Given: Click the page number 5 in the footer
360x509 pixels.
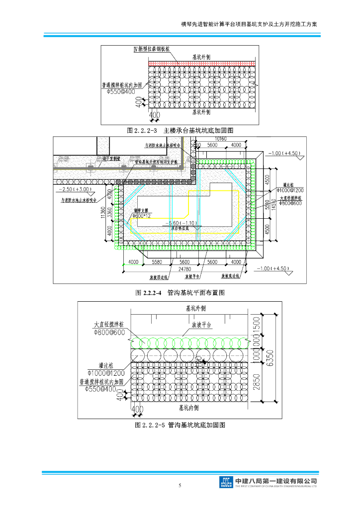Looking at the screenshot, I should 180,485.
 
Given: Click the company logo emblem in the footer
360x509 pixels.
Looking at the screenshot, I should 227,482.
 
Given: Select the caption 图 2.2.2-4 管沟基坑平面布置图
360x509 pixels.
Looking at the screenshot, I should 180,293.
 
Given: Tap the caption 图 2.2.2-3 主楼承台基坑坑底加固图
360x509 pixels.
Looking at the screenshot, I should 180,130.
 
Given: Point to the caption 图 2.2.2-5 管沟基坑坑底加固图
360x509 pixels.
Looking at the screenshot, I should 180,425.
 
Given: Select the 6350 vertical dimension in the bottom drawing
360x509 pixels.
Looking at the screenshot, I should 270,357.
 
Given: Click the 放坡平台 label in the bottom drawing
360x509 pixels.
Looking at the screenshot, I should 202,325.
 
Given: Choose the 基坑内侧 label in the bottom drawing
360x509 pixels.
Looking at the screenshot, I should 189,408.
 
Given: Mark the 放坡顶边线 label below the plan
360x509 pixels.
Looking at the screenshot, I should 159,277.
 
